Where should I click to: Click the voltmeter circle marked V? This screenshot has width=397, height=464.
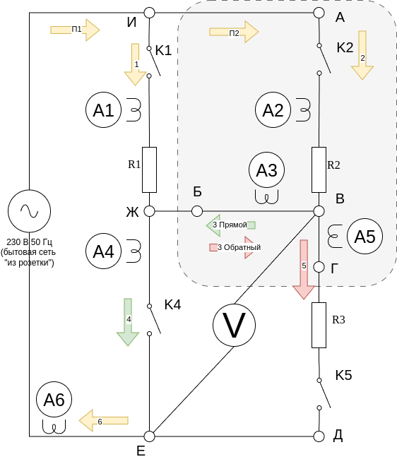[x=234, y=325]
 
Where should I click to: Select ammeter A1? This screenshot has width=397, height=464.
[x=103, y=109]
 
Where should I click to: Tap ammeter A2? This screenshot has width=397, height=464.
[x=273, y=109]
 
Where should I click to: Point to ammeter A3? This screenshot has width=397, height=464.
[x=267, y=170]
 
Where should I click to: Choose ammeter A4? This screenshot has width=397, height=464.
[x=103, y=251]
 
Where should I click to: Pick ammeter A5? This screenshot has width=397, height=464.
[x=365, y=236]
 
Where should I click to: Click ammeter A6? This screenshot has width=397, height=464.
[x=54, y=400]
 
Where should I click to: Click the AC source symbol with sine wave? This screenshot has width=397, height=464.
[x=29, y=211]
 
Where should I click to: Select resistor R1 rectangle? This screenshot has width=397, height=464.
[x=150, y=169]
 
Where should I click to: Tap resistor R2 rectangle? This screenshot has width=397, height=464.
[x=319, y=169]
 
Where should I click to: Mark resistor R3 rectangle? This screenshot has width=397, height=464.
[x=319, y=325]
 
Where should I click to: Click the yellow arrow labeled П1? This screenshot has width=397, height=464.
[x=75, y=30]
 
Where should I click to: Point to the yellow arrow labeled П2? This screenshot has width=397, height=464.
[x=234, y=32]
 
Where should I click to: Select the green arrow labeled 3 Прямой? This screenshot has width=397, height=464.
[x=231, y=225]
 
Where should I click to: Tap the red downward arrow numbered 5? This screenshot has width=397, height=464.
[x=304, y=269]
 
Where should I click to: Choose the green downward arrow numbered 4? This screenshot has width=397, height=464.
[x=128, y=322]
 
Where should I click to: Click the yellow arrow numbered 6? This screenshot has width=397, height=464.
[x=104, y=420]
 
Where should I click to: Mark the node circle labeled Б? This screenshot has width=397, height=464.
[x=197, y=211]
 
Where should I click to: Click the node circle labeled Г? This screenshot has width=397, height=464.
[x=319, y=267]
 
